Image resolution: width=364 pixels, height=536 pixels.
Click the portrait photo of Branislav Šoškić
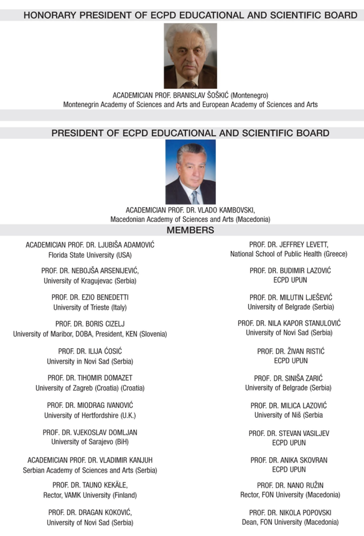[x=190, y=56]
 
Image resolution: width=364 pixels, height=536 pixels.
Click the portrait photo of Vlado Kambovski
[x=190, y=172]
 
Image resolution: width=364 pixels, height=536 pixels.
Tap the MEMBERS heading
[x=190, y=230]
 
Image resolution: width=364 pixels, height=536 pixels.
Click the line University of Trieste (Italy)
[x=90, y=307]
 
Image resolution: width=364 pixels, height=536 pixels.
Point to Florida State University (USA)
[x=90, y=255]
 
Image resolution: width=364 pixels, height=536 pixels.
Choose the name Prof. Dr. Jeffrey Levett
[x=288, y=244]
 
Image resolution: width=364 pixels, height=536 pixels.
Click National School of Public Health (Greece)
[x=288, y=254]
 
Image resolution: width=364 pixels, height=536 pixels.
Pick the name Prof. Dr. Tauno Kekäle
[x=90, y=485]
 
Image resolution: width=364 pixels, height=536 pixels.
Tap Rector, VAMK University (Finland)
[x=90, y=495]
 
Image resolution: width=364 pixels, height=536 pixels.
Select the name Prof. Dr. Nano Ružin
[x=290, y=485]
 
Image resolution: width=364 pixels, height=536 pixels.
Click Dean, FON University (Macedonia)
[x=290, y=522]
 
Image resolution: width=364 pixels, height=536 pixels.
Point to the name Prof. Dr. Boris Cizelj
[x=90, y=323]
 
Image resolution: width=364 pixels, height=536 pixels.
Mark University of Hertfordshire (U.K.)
[x=90, y=415]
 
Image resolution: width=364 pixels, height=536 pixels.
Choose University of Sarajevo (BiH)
[x=90, y=442]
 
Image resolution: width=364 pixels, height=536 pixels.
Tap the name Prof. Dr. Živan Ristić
[x=290, y=351]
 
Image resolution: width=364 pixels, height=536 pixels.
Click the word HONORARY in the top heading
[x=49, y=15]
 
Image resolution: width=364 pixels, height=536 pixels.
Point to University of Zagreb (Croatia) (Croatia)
[x=90, y=388]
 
